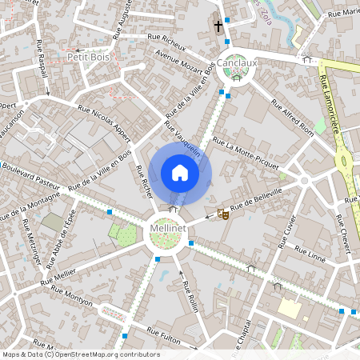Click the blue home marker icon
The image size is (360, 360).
[x=180, y=173]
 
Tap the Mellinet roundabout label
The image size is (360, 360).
[x=169, y=230]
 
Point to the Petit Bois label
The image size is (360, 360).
[x=88, y=57]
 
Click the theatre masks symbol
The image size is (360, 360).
[x=222, y=214]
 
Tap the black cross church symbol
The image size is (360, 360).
[x=218, y=26]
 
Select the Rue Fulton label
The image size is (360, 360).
[x=166, y=334]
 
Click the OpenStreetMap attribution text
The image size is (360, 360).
[x=80, y=354]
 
